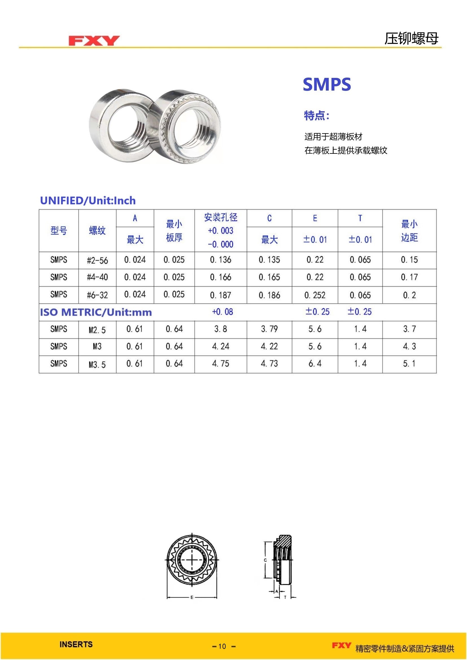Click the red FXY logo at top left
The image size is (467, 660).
click(94, 41)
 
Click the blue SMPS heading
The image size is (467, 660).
click(327, 85)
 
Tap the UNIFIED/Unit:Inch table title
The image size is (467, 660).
click(88, 201)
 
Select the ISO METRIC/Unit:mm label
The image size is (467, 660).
click(96, 312)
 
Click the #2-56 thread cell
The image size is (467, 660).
click(97, 260)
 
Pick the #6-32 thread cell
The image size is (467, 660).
click(97, 295)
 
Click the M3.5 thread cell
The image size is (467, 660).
click(97, 365)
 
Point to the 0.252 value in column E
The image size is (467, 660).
click(315, 295)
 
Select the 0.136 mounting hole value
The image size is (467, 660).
click(221, 260)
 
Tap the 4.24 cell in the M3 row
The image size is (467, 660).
click(221, 347)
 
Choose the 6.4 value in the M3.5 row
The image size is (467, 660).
click(315, 364)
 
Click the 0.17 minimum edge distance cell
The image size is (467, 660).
click(409, 277)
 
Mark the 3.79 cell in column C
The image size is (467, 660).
click(269, 329)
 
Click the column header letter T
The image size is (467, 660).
click(360, 218)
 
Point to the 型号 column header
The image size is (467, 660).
click(59, 231)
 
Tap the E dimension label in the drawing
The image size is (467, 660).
click(192, 597)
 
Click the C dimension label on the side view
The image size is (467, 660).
click(265, 560)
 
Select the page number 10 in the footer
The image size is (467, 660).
click(222, 646)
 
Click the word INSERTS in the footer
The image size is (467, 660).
click(76, 644)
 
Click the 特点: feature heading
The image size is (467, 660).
click(317, 116)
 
